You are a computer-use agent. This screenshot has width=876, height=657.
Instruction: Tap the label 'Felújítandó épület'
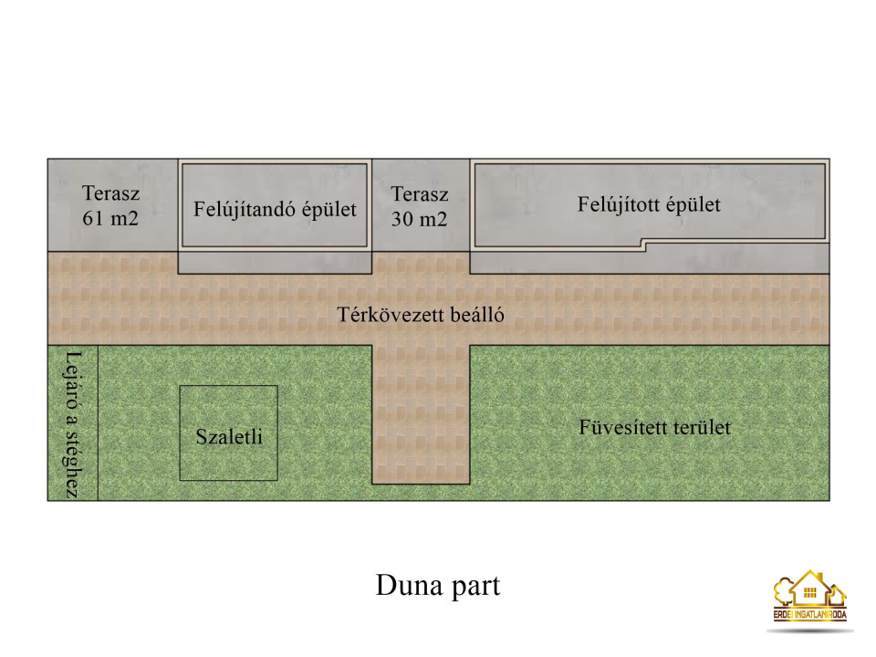pos(275,210)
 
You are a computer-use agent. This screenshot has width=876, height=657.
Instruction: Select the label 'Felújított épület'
pos(649,205)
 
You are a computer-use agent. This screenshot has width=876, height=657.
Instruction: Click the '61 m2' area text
pos(110,218)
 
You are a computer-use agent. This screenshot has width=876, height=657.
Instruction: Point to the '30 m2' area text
pos(419,219)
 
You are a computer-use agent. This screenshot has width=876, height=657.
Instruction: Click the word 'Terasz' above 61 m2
pos(110,193)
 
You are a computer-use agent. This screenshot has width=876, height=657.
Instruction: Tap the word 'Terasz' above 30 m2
pos(420,194)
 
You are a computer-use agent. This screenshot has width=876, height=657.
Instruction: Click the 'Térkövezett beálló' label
pos(421,315)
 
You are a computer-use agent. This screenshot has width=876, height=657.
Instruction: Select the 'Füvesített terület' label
pos(655,427)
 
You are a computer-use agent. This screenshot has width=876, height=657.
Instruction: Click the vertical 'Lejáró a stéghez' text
pos(73,424)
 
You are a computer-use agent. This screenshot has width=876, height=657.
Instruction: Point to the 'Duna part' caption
pos(438,586)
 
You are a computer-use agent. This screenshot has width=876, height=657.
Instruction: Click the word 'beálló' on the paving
pos(476,315)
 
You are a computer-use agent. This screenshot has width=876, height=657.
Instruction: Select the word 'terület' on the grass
pos(703,427)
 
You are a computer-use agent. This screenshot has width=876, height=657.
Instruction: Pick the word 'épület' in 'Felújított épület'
pos(693,205)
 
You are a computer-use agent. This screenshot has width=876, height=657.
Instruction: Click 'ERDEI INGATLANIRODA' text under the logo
pos(810,614)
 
